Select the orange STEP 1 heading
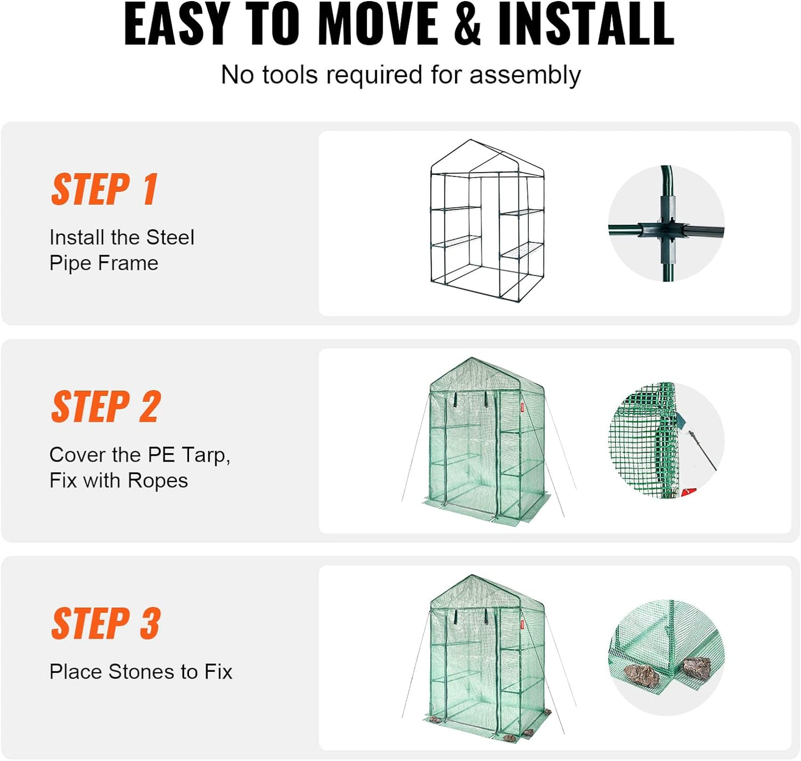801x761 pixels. [x=105, y=189]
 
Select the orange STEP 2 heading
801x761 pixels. [x=106, y=407]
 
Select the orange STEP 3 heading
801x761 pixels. [x=106, y=623]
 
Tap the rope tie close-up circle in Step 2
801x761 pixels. [x=666, y=440]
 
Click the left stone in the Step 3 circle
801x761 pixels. [x=641, y=674]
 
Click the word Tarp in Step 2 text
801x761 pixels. [x=203, y=455]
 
